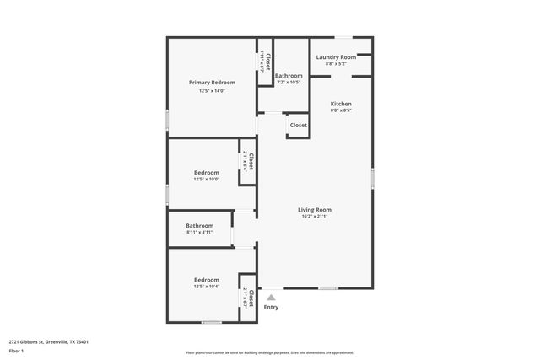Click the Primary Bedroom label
(212, 83)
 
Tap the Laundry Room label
(336, 57)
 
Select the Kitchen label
(341, 104)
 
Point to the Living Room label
(314, 210)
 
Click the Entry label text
(271, 307)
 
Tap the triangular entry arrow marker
(271, 297)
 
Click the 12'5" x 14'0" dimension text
(212, 91)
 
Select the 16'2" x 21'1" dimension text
(314, 218)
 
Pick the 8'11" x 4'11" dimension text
(200, 233)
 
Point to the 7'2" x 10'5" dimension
(289, 83)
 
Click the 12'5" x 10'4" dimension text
(207, 287)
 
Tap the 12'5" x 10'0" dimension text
(207, 180)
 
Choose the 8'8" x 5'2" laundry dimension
(336, 64)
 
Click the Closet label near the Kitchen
(299, 126)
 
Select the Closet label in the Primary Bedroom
(267, 62)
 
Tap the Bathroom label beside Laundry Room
(289, 76)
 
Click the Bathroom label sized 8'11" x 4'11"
(200, 225)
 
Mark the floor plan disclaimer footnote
(270, 352)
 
